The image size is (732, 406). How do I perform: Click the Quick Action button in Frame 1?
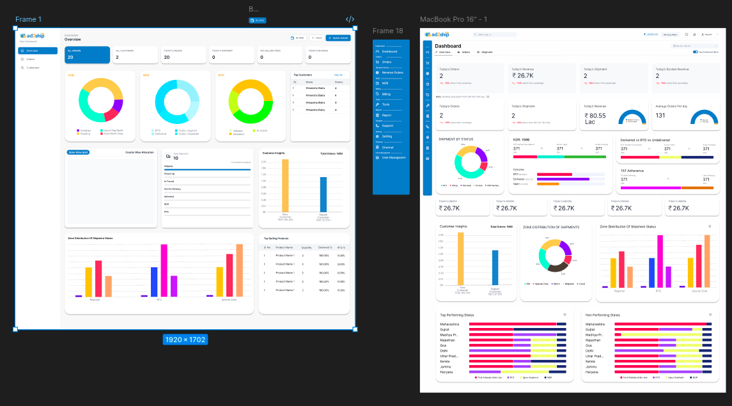pyautogui.click(x=338, y=38)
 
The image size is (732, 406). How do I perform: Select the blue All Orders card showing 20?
pyautogui.click(x=87, y=55)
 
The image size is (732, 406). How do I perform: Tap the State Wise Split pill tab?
pyautogui.click(x=79, y=153)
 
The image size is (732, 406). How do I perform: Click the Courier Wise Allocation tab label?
pyautogui.click(x=139, y=153)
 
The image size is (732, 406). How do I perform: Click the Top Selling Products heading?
pyautogui.click(x=276, y=238)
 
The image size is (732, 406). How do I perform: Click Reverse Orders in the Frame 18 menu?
pyautogui.click(x=392, y=73)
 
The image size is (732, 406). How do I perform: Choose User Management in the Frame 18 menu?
pyautogui.click(x=393, y=157)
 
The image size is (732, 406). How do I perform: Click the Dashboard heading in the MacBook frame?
pyautogui.click(x=448, y=46)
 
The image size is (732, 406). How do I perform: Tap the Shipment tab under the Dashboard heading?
pyautogui.click(x=487, y=52)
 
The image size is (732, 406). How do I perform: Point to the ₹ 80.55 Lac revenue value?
pyautogui.click(x=598, y=116)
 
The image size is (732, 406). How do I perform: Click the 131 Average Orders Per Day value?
pyautogui.click(x=661, y=116)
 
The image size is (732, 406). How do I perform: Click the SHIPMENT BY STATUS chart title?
pyautogui.click(x=456, y=139)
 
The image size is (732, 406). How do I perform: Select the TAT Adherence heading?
pyautogui.click(x=632, y=171)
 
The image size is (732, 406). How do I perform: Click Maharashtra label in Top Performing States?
pyautogui.click(x=449, y=324)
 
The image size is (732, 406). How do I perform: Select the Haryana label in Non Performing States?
pyautogui.click(x=593, y=371)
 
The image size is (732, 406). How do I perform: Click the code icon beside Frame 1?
pyautogui.click(x=350, y=19)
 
